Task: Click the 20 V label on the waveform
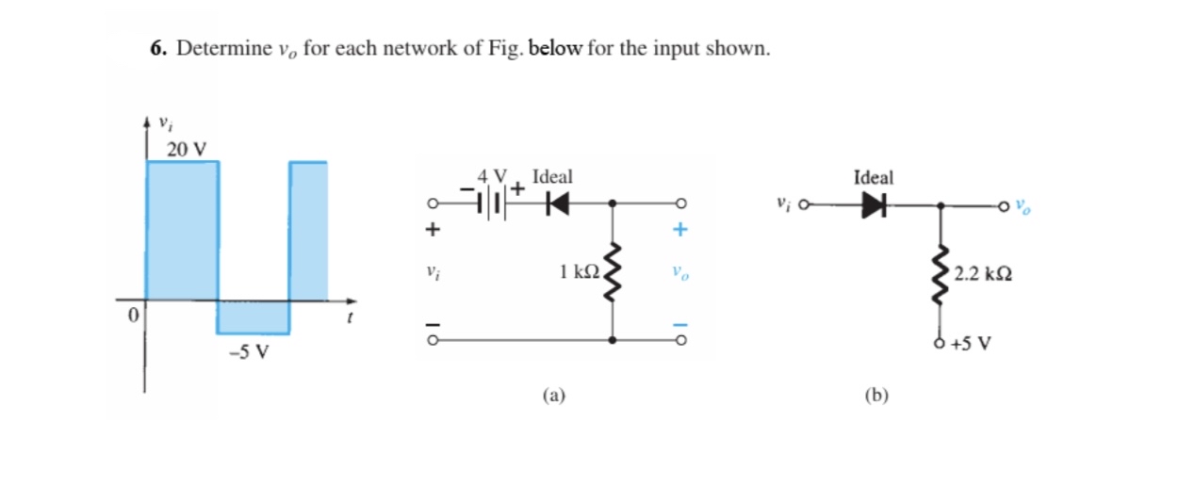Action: [187, 148]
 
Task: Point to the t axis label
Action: [350, 320]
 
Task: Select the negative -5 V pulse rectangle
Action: [253, 317]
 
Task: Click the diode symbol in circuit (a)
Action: [549, 202]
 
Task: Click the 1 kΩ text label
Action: [578, 273]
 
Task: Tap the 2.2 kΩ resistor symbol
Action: [941, 274]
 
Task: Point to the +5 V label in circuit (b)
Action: [971, 343]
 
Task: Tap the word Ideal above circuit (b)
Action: [874, 177]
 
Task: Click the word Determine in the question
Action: [216, 49]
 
